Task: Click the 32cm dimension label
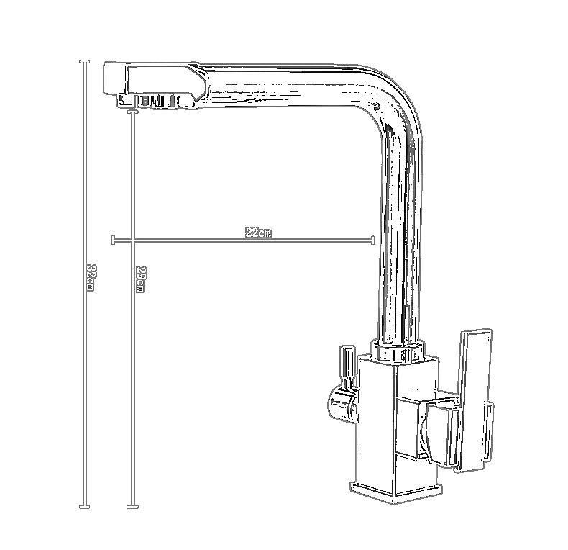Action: click(x=90, y=278)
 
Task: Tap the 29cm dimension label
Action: click(x=140, y=280)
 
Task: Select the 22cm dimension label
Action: click(x=258, y=233)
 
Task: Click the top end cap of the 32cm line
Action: click(x=85, y=62)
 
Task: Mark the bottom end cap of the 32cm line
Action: click(x=85, y=507)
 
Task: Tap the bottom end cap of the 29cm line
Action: click(x=132, y=507)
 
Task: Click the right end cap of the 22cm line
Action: click(x=373, y=240)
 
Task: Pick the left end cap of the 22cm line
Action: click(x=113, y=240)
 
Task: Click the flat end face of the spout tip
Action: click(x=114, y=78)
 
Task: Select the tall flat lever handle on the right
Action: click(x=474, y=403)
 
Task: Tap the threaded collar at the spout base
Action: click(x=398, y=351)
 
